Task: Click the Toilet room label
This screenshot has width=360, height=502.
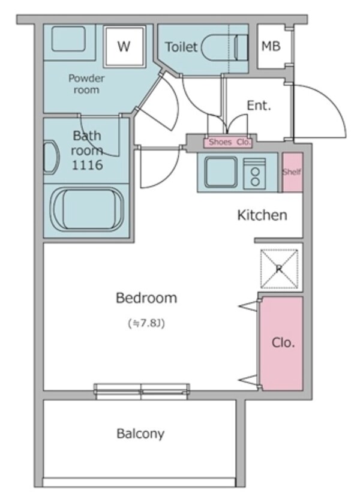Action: coord(181,47)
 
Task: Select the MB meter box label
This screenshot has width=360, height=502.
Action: coord(271,46)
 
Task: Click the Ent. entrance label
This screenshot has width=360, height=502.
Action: coord(259,106)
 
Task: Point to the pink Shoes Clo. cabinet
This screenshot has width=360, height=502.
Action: coord(228,142)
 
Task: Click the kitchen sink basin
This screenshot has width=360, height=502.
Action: coord(221,172)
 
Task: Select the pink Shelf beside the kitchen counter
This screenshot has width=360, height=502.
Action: coord(292,172)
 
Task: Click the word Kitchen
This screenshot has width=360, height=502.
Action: coord(262,215)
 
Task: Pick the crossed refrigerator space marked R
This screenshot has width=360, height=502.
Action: coord(279,269)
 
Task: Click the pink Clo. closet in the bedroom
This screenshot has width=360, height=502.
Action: coord(282,343)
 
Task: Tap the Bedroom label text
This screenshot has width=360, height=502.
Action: coord(146,298)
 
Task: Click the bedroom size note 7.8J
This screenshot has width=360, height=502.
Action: coord(146,323)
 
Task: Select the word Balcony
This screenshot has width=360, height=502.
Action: coord(140,434)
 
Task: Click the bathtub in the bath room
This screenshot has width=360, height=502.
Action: coord(87,209)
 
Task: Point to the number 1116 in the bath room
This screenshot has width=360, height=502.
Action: coord(87,165)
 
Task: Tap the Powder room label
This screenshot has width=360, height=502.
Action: coord(86,84)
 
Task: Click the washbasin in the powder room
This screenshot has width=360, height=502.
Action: coord(68,39)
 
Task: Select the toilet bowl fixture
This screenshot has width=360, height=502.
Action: coord(224,47)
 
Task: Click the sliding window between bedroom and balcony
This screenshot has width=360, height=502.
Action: coord(142,391)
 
